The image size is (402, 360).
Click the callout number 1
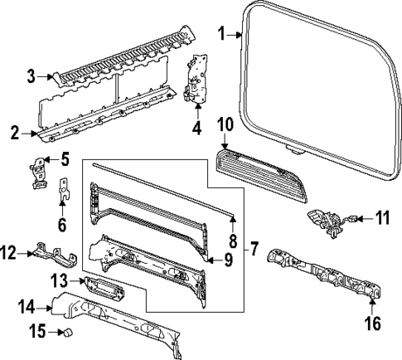click(x=221, y=33)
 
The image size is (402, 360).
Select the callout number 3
click(x=30, y=77)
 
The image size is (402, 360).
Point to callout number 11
click(x=381, y=220)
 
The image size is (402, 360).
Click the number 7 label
click(x=254, y=247)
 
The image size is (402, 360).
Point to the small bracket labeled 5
click(x=36, y=173)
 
